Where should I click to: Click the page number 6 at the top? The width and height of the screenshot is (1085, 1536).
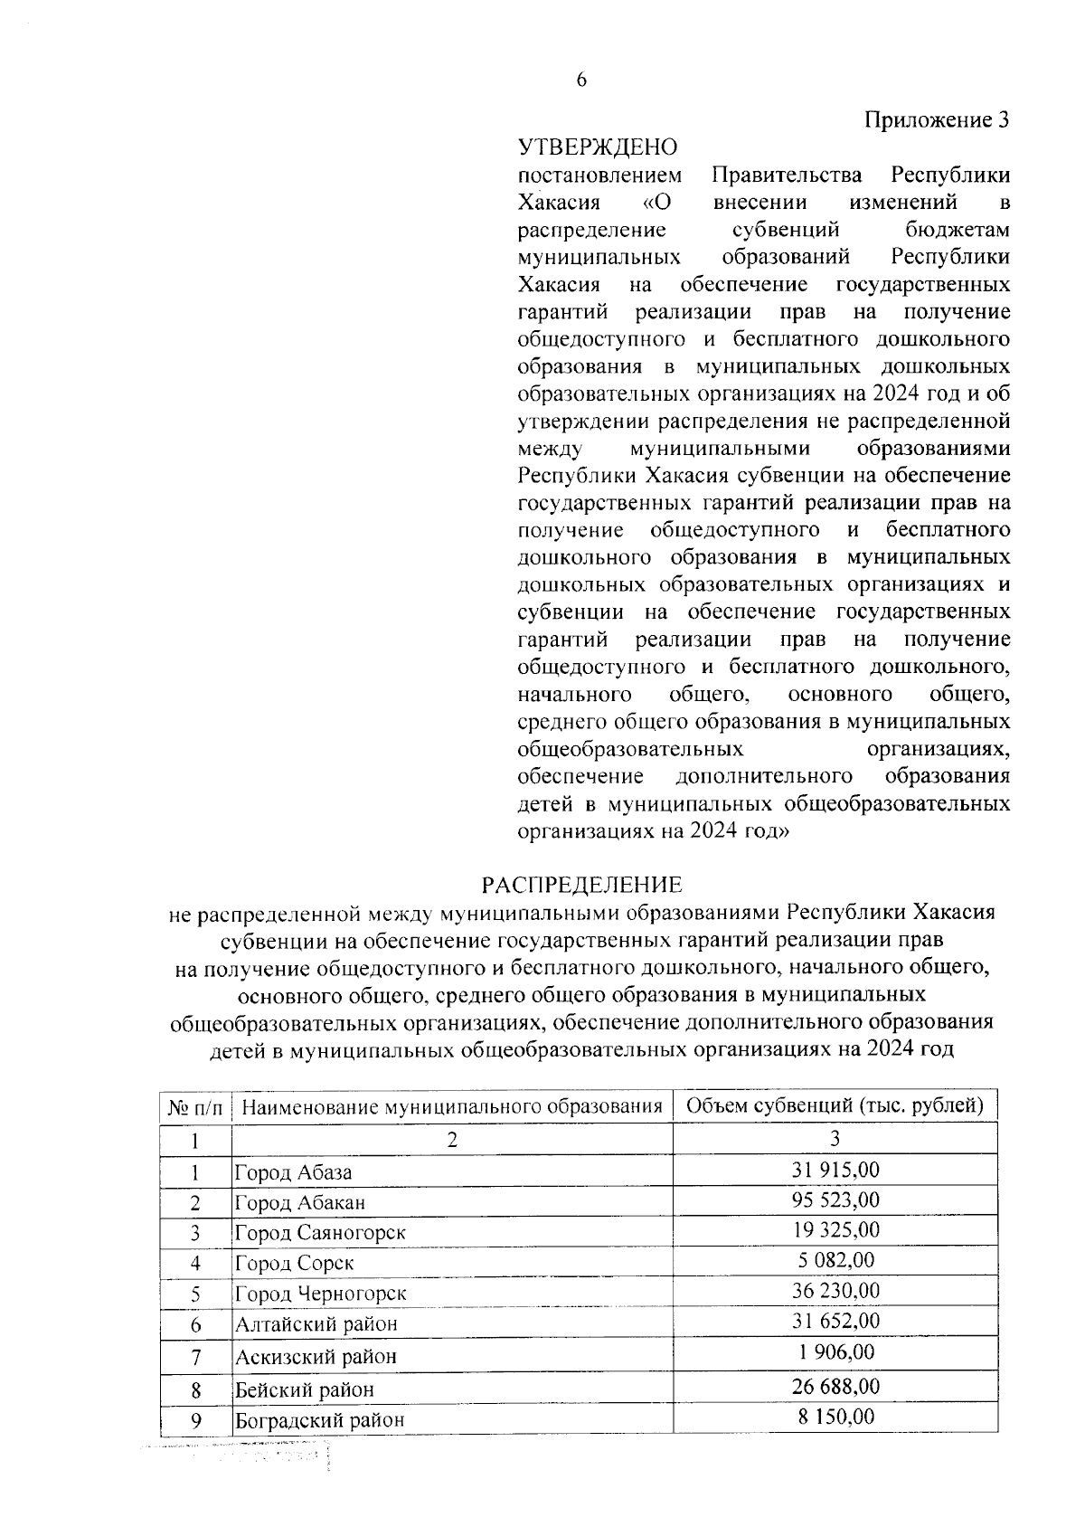point(580,81)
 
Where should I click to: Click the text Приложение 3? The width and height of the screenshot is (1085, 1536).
point(936,120)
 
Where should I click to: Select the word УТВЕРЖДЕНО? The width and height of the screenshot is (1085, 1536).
point(597,147)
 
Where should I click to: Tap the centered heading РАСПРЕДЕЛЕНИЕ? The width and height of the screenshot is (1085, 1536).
point(581,884)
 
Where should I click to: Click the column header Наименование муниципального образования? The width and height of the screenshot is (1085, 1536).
point(452,1105)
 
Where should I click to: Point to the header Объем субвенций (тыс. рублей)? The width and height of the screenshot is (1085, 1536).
point(835,1105)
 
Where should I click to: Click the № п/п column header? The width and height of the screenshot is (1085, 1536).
point(194,1106)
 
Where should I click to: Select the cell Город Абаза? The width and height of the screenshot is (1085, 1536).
point(293,1173)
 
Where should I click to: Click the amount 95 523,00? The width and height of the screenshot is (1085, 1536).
point(835,1199)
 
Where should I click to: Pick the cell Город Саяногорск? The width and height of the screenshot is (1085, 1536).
point(320,1233)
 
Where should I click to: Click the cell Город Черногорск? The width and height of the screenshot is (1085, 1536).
point(320,1294)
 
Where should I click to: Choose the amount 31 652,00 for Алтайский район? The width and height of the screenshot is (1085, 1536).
point(835,1321)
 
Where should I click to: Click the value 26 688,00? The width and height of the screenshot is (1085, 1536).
point(835,1387)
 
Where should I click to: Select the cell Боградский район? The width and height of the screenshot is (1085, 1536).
point(319,1420)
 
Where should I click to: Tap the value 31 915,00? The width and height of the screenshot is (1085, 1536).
point(835,1170)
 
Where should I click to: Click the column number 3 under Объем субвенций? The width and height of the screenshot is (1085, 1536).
point(835,1137)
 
